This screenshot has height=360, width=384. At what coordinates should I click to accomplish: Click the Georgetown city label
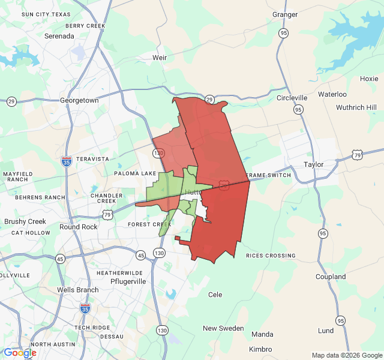click(x=79, y=101)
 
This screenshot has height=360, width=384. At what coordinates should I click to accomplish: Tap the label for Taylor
click(x=313, y=164)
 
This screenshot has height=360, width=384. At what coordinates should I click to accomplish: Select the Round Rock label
click(x=79, y=227)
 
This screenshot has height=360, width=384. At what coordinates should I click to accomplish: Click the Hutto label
click(x=193, y=192)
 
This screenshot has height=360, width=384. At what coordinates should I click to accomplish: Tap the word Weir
click(x=160, y=58)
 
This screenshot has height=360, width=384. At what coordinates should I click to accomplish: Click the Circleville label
click(x=292, y=98)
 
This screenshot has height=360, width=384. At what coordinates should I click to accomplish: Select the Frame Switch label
click(x=269, y=175)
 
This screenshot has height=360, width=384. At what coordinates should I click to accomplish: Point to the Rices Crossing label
click(x=270, y=256)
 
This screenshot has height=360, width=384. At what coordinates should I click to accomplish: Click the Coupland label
click(x=331, y=277)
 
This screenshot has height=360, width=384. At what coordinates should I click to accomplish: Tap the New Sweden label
click(x=223, y=328)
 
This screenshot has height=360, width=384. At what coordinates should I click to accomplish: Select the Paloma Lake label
click(x=136, y=173)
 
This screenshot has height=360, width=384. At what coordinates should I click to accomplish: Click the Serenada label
click(x=59, y=36)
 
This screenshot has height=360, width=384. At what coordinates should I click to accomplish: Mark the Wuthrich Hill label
click(x=360, y=107)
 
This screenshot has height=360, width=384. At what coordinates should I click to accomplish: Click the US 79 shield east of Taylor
click(x=356, y=154)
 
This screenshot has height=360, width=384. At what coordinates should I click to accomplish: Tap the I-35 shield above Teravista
click(x=67, y=161)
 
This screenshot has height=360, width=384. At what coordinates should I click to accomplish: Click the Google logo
click(x=20, y=353)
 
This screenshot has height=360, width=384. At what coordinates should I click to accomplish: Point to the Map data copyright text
click(x=346, y=355)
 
